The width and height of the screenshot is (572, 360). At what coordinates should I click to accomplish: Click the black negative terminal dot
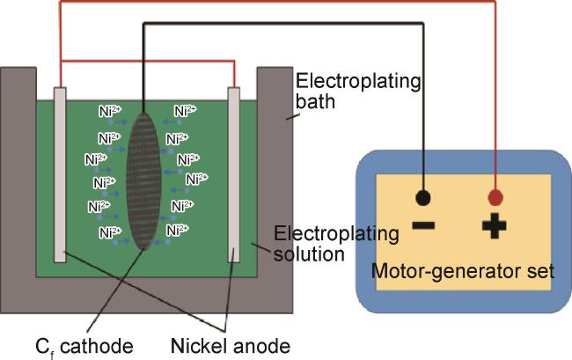pos(423,198)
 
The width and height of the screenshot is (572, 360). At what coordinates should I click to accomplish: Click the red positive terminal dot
pos(495,198)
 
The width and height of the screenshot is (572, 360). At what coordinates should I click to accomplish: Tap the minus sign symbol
pos(423,225)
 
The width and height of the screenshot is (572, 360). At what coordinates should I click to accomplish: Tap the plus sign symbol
pos(495,226)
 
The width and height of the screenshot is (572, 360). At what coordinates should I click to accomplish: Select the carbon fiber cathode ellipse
pos(143,181)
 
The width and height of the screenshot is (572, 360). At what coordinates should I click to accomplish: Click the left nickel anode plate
pos(60,174)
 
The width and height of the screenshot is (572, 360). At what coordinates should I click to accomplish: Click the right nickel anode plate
pos(234,174)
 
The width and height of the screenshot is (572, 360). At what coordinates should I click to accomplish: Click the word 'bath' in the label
pos(315,101)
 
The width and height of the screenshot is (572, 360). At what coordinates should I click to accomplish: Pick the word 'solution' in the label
pos(309,253)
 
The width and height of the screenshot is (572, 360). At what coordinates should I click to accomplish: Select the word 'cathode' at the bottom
pos(97,346)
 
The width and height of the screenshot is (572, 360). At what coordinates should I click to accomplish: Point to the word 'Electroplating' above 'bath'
pos(358,82)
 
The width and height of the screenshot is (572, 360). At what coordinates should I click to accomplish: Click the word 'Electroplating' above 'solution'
pos(336,234)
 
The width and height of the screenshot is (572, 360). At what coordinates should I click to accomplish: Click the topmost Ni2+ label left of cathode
pos(110,111)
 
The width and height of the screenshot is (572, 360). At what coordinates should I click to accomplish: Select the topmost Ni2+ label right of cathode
pos(186,111)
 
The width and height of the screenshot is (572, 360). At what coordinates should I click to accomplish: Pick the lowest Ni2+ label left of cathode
pos(110,232)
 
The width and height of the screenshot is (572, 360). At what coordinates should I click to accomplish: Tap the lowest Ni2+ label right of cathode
pos(177,230)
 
